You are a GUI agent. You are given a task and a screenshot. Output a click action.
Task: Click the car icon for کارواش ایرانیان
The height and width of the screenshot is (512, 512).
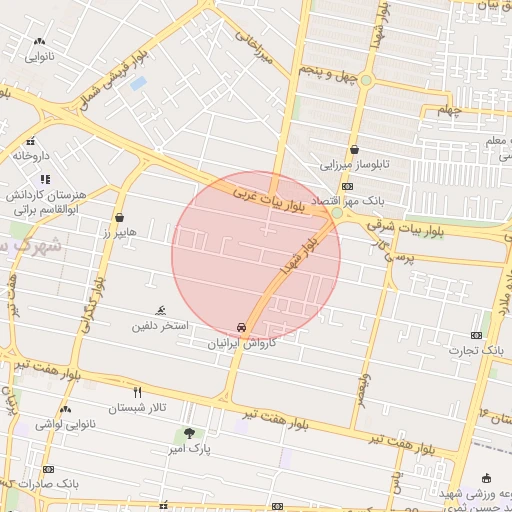242,328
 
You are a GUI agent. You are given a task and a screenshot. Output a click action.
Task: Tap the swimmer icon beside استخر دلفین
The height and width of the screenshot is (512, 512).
162,311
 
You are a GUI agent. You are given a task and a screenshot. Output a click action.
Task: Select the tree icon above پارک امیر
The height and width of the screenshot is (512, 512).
189,434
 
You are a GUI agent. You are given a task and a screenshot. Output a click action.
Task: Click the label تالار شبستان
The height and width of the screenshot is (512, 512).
138,407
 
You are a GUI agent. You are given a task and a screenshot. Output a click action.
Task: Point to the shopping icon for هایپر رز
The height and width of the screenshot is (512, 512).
120,217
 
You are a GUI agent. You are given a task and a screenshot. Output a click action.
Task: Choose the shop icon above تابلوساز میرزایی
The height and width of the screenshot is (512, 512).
354,150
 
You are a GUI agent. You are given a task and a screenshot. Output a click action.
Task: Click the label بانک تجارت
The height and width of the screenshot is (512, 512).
481,350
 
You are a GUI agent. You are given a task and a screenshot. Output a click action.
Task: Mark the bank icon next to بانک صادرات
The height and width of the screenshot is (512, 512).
48,469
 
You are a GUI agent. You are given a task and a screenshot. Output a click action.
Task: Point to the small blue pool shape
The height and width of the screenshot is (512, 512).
138,83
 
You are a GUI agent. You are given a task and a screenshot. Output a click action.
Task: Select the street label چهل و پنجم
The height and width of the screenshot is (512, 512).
326,73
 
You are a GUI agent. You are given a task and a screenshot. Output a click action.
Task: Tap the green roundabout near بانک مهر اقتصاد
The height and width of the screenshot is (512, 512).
337,213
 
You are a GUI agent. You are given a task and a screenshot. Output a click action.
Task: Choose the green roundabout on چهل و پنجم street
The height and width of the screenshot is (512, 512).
367,79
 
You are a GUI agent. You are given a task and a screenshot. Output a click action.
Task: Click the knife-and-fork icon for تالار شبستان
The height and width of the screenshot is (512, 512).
138,392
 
